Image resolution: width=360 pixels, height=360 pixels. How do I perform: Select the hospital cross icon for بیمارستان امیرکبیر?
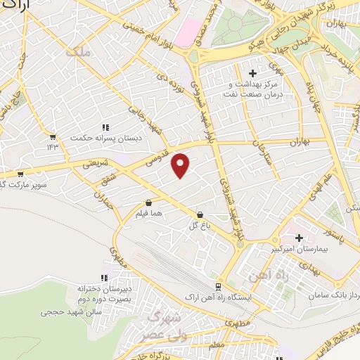pyautogui.click(x=300, y=238)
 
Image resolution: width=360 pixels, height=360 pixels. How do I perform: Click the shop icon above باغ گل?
pyautogui.click(x=200, y=214)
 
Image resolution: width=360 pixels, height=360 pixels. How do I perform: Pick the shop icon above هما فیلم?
pyautogui.click(x=148, y=202)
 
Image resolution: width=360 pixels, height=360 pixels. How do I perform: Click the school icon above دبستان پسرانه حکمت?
pyautogui.click(x=105, y=127)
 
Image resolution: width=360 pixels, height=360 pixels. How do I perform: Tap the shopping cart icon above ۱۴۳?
pyautogui.click(x=52, y=136)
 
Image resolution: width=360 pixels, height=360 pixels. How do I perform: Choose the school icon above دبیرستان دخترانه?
pyautogui.click(x=104, y=278)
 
